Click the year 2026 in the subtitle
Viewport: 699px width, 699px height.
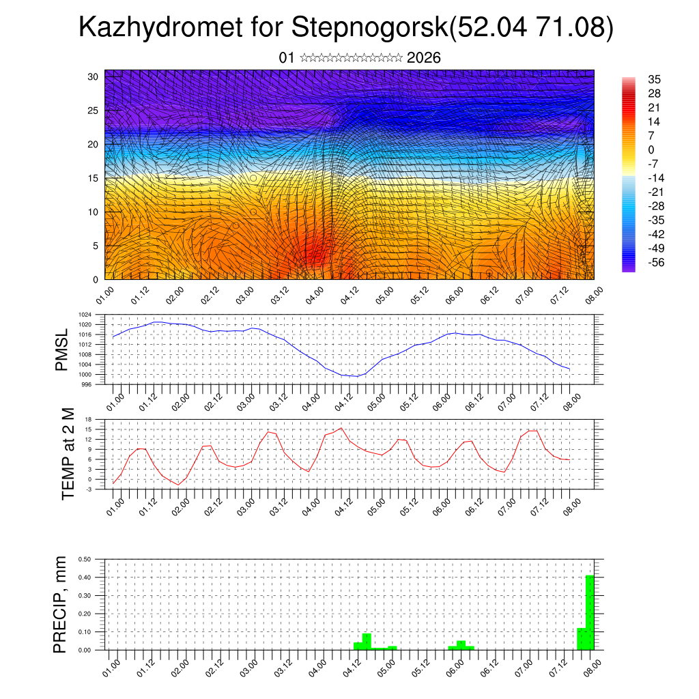click(x=423, y=58)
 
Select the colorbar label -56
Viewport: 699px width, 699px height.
click(x=655, y=262)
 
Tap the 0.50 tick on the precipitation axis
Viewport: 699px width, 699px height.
click(x=85, y=559)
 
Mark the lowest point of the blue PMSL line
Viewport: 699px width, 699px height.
click(x=357, y=376)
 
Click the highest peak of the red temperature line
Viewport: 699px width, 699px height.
click(x=341, y=428)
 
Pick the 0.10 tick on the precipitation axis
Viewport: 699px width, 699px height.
click(x=85, y=632)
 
